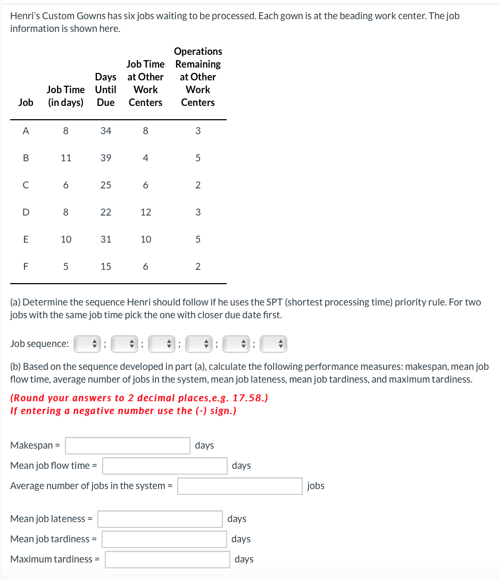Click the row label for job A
(25, 130)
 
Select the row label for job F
(25, 267)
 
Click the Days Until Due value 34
(106, 130)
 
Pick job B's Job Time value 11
(66, 158)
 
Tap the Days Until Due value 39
(106, 158)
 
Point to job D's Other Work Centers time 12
(146, 212)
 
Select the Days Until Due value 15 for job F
(106, 267)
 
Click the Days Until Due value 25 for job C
(106, 185)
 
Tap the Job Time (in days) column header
(66, 96)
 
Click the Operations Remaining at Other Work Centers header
(198, 77)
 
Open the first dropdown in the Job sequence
(87, 344)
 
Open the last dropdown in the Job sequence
(273, 344)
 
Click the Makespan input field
(128, 445)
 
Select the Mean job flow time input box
(165, 466)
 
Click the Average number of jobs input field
(240, 486)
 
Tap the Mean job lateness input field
(160, 519)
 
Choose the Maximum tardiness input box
(168, 559)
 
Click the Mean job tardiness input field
(165, 539)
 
